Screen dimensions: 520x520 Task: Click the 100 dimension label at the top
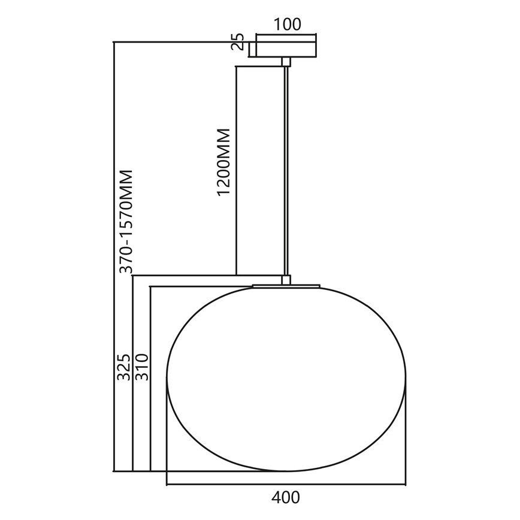[x=288, y=25]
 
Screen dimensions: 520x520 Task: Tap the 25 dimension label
[x=238, y=42]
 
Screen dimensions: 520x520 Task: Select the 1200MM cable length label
[x=223, y=162]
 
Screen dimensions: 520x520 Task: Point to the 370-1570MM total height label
[x=126, y=222]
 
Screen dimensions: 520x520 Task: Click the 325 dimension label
[x=124, y=367]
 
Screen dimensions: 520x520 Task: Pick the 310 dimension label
[x=142, y=367]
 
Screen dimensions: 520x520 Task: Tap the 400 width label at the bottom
[x=286, y=497]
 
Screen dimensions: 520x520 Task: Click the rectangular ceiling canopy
[x=286, y=49]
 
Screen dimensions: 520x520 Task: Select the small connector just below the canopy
[x=286, y=62]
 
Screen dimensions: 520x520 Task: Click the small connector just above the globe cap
[x=286, y=280]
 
